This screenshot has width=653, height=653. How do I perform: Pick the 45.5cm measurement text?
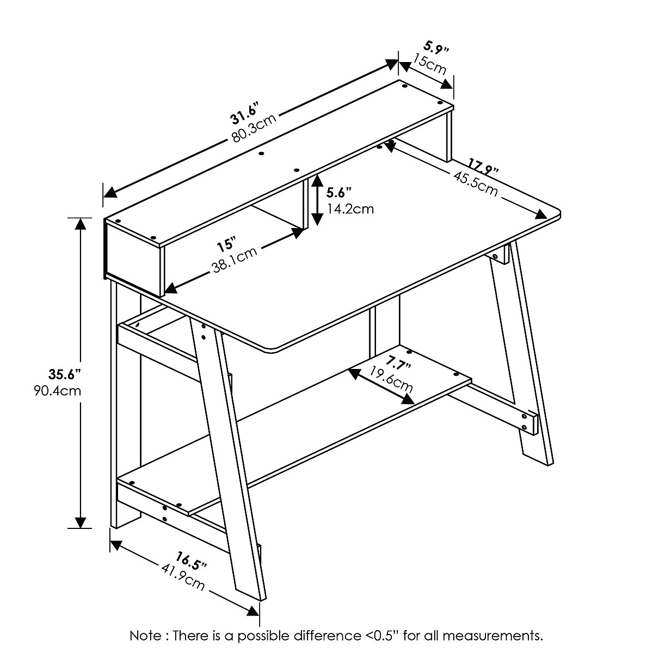coord(474,182)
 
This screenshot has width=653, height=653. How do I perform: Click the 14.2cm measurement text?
coord(350,208)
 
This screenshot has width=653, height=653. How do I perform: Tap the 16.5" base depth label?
coord(191,561)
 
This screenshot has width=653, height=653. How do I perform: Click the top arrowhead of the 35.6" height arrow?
coord(81,224)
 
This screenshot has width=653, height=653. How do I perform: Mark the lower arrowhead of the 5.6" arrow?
coord(317,220)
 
